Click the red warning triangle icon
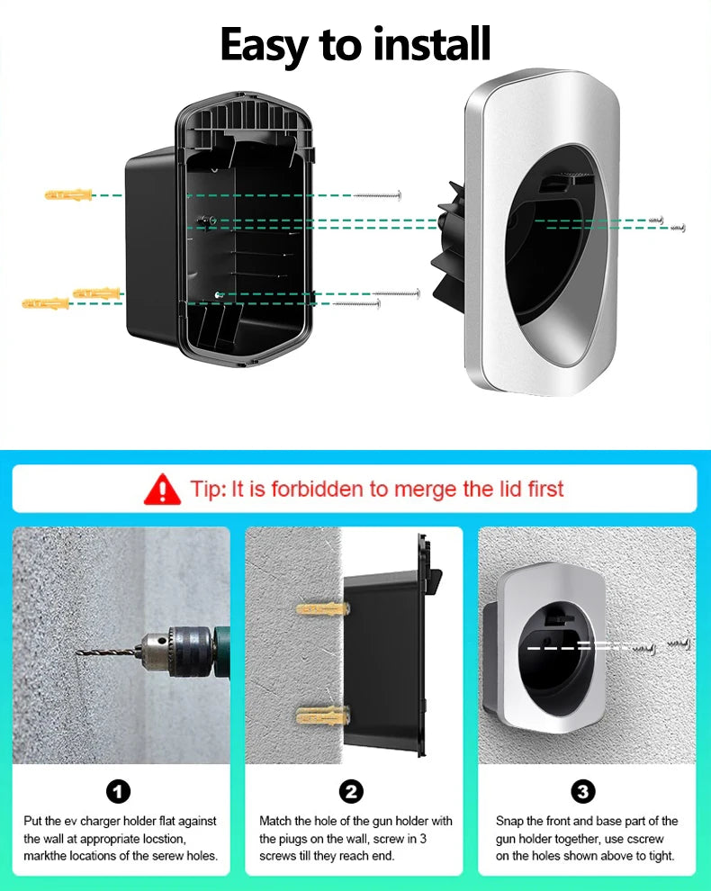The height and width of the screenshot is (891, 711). pos(163,490)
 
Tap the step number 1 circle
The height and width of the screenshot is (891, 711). pos(118,792)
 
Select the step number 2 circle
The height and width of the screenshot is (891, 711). pos(351,792)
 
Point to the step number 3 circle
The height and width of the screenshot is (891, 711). pos(583,792)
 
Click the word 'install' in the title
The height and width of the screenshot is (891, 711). pos(432,44)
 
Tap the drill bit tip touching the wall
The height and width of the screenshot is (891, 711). pos(77,652)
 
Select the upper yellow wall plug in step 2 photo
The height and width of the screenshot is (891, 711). pos(322,610)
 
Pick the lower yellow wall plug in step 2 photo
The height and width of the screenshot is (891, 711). pos(322,715)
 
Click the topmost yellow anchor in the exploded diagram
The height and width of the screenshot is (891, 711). pos(68,195)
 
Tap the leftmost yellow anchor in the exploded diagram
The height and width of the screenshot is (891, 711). pos(46,303)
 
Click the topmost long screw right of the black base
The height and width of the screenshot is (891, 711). pos(377,195)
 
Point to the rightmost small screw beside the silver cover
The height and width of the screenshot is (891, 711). pos(678,228)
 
